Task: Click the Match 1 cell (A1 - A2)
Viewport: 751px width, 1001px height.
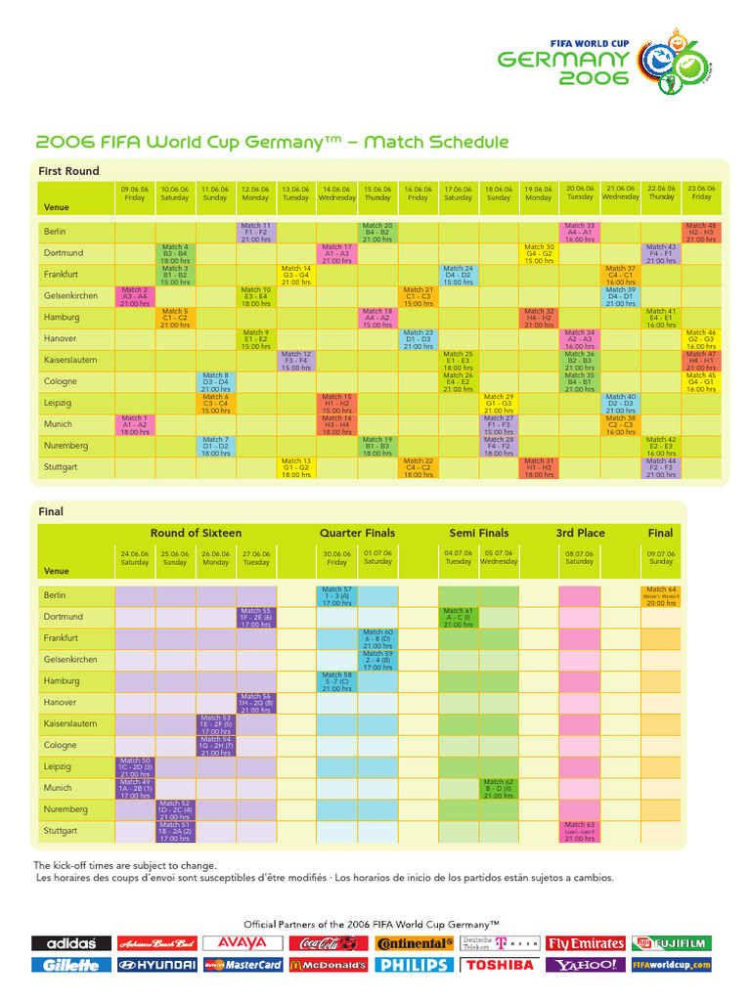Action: pyautogui.click(x=135, y=423)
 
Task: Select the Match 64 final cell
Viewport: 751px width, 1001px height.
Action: pyautogui.click(x=660, y=595)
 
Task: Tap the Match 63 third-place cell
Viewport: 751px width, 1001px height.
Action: pyautogui.click(x=579, y=830)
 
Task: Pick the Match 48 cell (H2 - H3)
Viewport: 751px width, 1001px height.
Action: pyautogui.click(x=701, y=232)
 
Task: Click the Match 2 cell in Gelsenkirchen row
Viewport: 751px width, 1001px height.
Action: pyautogui.click(x=135, y=295)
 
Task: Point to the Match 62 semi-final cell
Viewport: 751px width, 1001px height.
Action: pyautogui.click(x=499, y=788)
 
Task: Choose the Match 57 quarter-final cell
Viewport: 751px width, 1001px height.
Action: pyautogui.click(x=337, y=595)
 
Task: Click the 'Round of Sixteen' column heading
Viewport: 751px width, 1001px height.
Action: pyautogui.click(x=196, y=533)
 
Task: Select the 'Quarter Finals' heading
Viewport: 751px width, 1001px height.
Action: pyautogui.click(x=357, y=533)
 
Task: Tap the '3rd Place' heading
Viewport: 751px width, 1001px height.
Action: pyautogui.click(x=580, y=533)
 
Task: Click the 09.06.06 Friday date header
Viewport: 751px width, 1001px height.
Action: pyautogui.click(x=135, y=193)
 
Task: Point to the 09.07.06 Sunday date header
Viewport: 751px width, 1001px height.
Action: pyautogui.click(x=660, y=557)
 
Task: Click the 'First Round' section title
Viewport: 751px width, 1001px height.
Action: pyautogui.click(x=68, y=171)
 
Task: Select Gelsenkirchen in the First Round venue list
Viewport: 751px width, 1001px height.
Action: pyautogui.click(x=70, y=295)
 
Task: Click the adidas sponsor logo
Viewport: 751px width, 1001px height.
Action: pyautogui.click(x=70, y=943)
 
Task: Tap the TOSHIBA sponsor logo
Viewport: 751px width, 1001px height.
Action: pyautogui.click(x=500, y=965)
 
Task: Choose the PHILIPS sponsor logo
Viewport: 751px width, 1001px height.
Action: pyautogui.click(x=414, y=965)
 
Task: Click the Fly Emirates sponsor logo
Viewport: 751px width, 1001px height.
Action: pyautogui.click(x=586, y=943)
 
